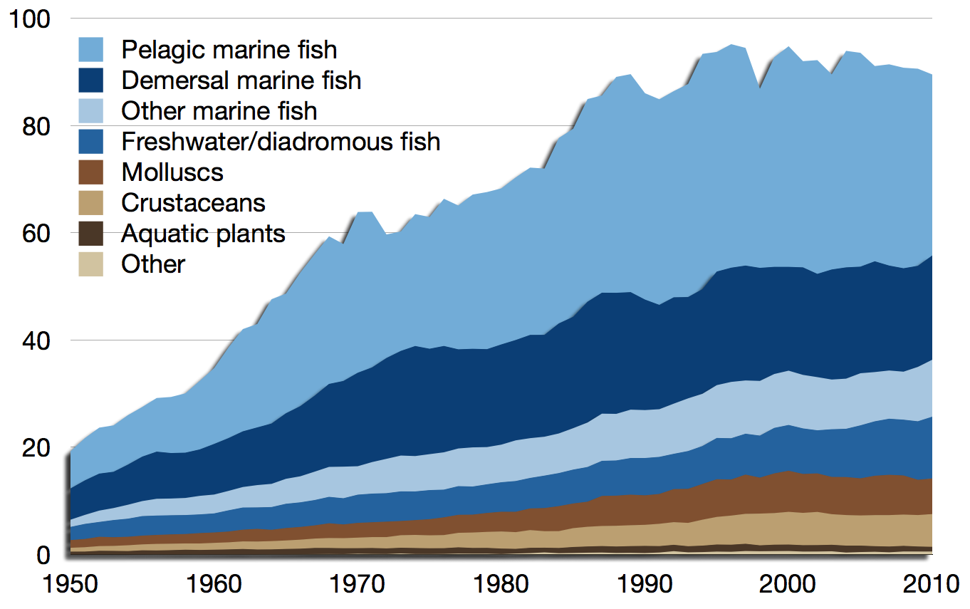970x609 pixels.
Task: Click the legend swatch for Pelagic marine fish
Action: [90, 49]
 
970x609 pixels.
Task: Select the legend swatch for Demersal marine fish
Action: [90, 80]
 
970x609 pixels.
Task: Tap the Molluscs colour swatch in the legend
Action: [90, 172]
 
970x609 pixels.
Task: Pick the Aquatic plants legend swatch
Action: [90, 233]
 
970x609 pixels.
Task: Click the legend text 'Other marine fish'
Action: [219, 111]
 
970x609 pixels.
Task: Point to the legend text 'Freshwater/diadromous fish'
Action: [281, 142]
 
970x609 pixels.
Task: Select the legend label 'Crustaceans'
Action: [193, 203]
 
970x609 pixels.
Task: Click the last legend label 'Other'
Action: [152, 264]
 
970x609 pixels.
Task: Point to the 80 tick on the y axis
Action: [36, 127]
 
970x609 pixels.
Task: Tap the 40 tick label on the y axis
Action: [36, 341]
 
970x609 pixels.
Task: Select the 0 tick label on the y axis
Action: [43, 555]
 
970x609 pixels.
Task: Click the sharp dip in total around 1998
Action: [759, 88]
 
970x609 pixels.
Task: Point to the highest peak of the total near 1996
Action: [731, 45]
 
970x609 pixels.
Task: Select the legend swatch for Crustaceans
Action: [90, 202]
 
